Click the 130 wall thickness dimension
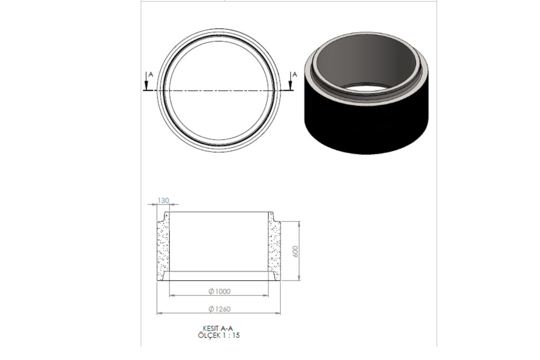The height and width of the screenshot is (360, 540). tap(163, 200)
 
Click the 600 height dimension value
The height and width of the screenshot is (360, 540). tap(295, 251)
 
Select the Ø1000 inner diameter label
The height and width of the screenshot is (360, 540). tap(219, 291)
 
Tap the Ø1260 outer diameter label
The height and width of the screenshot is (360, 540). tap(219, 309)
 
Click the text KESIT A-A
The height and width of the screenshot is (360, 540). tap(218, 329)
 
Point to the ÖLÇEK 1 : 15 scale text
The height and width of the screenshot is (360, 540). tap(219, 335)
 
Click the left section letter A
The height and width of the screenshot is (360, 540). tap(150, 74)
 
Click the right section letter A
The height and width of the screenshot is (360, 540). tap(294, 74)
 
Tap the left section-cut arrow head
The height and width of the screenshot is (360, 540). tap(147, 86)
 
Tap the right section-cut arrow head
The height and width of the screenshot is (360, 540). tap(291, 86)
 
